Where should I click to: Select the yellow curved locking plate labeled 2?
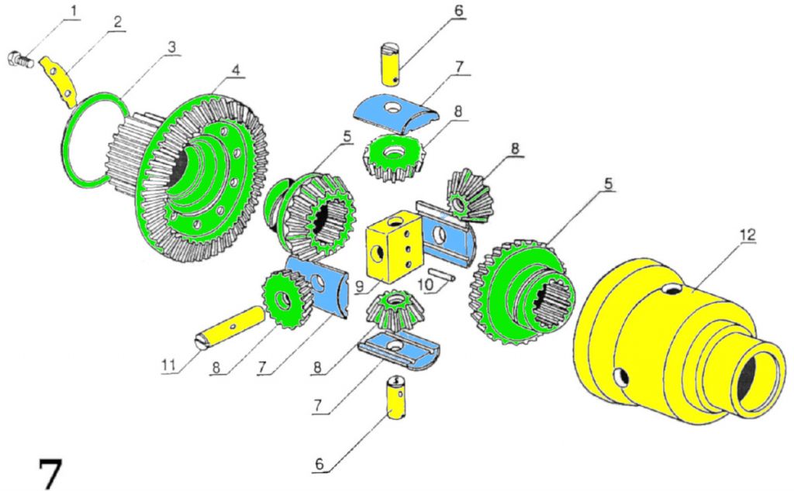(x=60, y=82)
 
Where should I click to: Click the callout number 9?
(x=359, y=284)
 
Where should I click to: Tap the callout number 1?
(x=74, y=10)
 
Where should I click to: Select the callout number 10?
(x=423, y=286)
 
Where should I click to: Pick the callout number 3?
(x=171, y=46)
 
